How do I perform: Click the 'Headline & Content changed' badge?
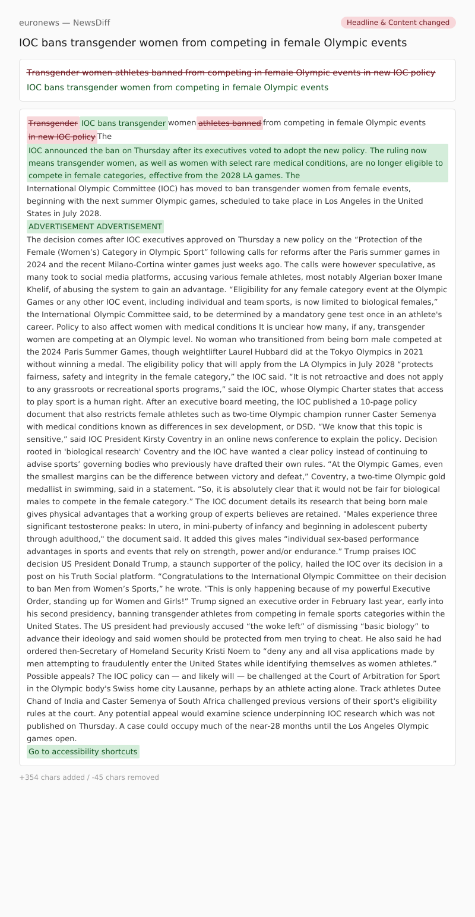click(x=398, y=23)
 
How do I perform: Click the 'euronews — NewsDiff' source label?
click(x=64, y=23)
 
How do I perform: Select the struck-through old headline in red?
click(x=230, y=72)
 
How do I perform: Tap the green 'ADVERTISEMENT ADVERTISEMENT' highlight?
click(x=95, y=226)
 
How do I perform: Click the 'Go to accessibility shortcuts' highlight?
click(x=83, y=751)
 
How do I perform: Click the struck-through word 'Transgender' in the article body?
click(x=53, y=123)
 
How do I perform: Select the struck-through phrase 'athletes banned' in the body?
click(x=229, y=123)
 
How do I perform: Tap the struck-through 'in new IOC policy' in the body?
click(x=62, y=136)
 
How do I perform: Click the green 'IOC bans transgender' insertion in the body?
click(x=123, y=123)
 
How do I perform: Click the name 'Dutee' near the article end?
click(x=429, y=688)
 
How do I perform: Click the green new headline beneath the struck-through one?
click(x=177, y=87)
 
